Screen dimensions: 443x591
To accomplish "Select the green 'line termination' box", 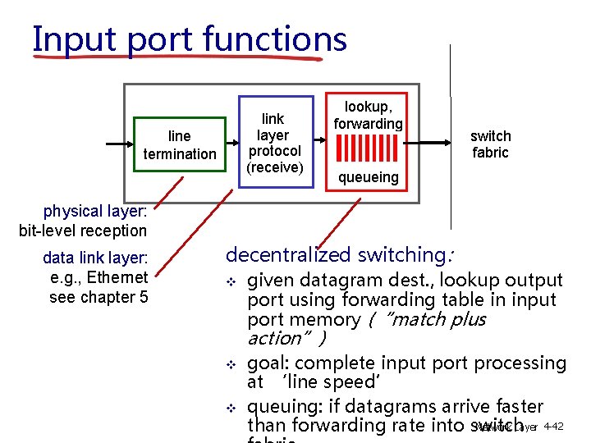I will (180, 145).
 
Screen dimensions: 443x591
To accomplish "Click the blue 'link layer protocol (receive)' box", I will (275, 144).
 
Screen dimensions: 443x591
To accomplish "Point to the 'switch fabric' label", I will (490, 144).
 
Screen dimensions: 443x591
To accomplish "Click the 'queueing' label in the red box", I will (369, 177).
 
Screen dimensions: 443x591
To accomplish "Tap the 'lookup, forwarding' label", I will (368, 115).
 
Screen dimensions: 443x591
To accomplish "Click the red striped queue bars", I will (369, 148).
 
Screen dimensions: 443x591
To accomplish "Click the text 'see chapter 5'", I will (98, 297).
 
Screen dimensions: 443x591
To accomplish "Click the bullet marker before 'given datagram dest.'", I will (231, 283).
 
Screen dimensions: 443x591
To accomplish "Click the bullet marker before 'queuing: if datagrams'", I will (231, 409).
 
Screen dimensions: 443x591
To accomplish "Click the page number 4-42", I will (553, 427).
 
